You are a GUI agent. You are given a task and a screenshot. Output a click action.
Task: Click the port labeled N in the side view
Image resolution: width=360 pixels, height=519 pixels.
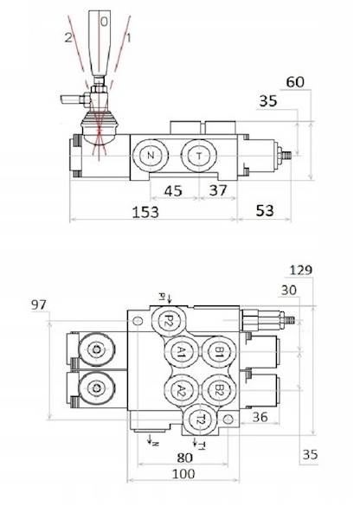pyautogui.click(x=151, y=155)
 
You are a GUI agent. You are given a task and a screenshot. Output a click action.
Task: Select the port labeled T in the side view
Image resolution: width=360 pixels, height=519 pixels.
pyautogui.click(x=199, y=156)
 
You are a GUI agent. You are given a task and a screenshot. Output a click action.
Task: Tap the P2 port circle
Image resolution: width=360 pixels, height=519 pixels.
pyautogui.click(x=169, y=320)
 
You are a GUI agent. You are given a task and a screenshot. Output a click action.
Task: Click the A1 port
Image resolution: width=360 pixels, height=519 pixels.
pyautogui.click(x=181, y=352)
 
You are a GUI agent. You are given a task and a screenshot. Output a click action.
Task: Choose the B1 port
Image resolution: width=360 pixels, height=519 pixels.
pyautogui.click(x=219, y=352)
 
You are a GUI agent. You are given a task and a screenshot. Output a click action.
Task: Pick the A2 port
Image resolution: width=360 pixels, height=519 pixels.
pyautogui.click(x=181, y=391)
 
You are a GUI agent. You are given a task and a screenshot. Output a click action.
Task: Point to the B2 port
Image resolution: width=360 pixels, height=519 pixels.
pyautogui.click(x=219, y=391)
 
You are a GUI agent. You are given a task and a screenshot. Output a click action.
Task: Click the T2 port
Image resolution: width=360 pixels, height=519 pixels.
pyautogui.click(x=200, y=420)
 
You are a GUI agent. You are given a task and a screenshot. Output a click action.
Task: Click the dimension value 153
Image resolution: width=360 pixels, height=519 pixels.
pyautogui.click(x=145, y=212)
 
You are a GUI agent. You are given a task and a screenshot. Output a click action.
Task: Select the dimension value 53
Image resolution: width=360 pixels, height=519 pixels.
pyautogui.click(x=265, y=210)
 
